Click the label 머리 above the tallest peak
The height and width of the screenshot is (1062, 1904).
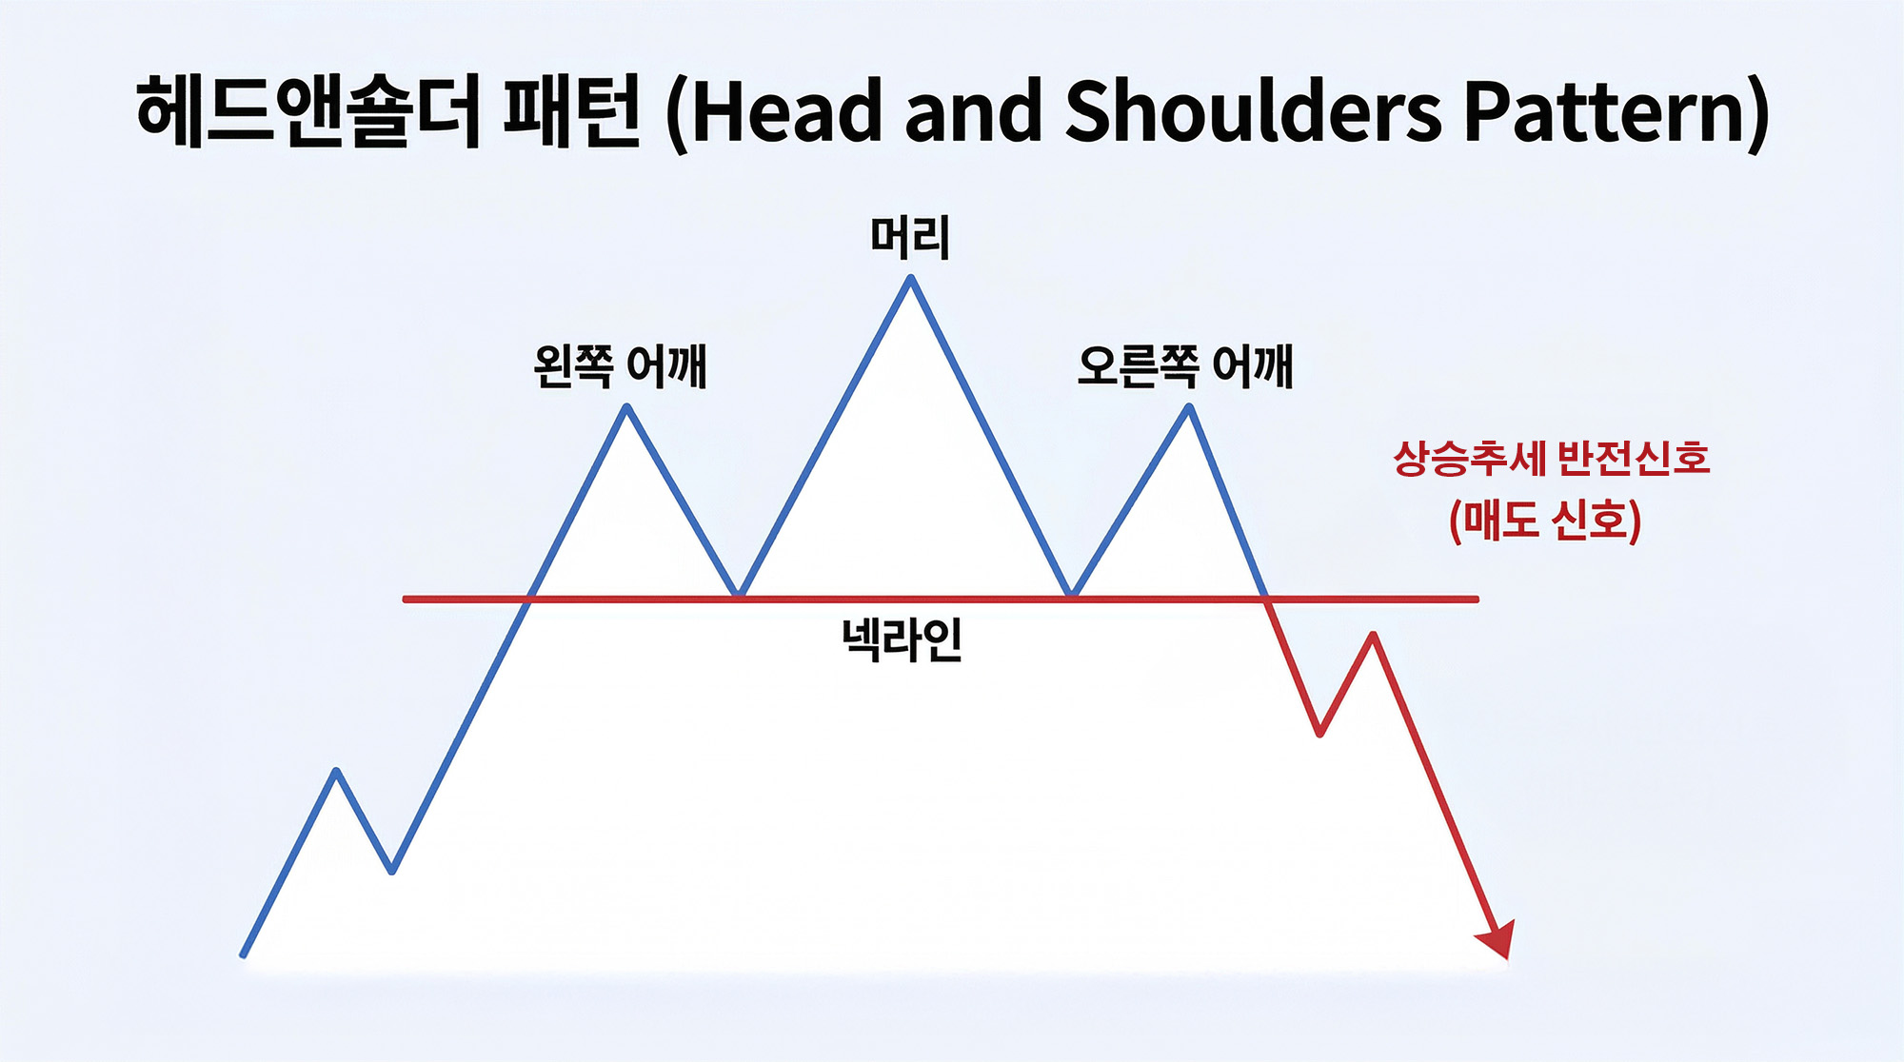(910, 237)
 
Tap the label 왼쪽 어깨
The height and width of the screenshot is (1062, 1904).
(620, 366)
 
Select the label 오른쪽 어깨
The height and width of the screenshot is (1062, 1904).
(1185, 366)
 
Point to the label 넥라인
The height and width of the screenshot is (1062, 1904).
(902, 639)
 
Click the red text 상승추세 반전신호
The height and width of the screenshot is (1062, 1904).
(1551, 459)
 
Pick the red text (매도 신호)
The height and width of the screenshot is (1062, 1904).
(1545, 520)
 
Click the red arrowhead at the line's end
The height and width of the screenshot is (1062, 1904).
(1497, 940)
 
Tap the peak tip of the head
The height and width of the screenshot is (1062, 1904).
(911, 279)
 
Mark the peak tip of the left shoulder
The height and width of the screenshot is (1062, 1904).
(627, 407)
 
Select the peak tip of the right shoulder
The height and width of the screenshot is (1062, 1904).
(1189, 407)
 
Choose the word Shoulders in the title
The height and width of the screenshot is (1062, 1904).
(1253, 112)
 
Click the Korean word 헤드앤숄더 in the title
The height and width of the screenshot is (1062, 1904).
(307, 112)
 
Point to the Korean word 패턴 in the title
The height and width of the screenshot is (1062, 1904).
(571, 112)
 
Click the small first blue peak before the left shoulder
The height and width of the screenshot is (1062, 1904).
(336, 771)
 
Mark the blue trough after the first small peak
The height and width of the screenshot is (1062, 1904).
(392, 870)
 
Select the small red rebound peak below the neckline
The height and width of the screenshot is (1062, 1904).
(1373, 635)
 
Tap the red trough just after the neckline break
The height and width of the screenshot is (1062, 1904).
(1319, 733)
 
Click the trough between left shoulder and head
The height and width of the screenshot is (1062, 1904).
(739, 594)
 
